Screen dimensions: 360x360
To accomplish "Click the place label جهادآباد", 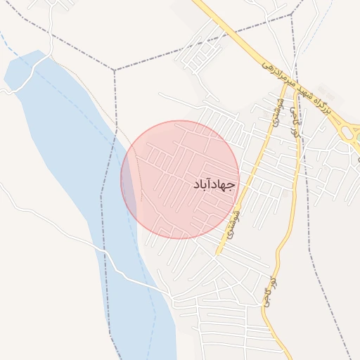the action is [214, 185].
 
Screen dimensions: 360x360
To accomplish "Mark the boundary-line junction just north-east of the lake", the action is [114, 70].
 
